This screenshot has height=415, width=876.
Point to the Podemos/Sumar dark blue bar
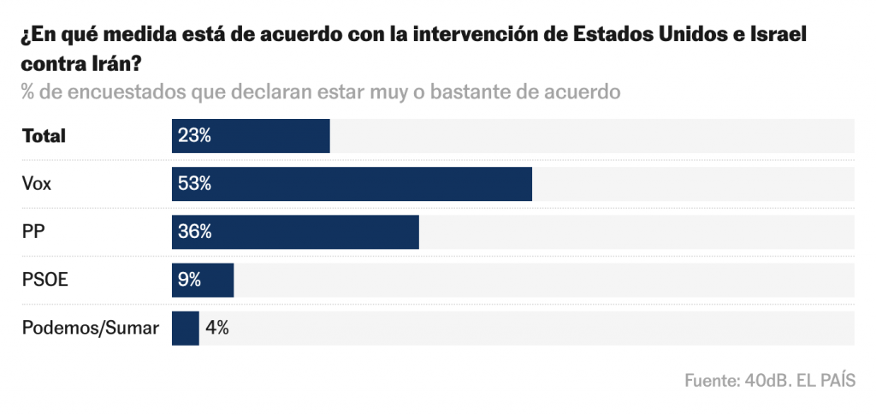[x=185, y=328]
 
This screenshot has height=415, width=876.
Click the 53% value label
[x=194, y=184]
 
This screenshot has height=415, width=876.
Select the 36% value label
[x=194, y=232]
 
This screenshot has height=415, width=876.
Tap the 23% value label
[x=194, y=136]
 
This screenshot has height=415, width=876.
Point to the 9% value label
[x=190, y=280]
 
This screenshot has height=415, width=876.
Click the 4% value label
[x=216, y=328]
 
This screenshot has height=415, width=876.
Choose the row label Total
[x=44, y=136]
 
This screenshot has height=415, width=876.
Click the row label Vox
[x=37, y=184]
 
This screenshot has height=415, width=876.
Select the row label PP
[x=33, y=232]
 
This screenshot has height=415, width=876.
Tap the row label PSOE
[x=43, y=280]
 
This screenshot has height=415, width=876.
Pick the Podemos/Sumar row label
[x=91, y=328]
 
